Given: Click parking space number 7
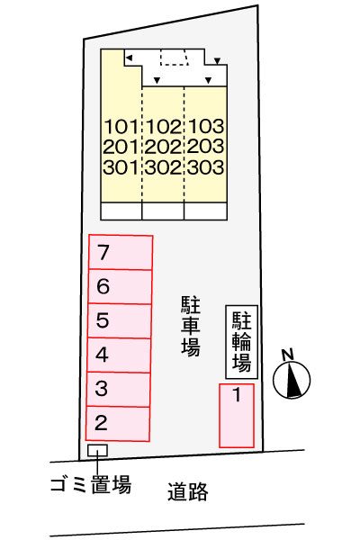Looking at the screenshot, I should point(120,253).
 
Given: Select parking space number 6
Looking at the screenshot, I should point(120,287).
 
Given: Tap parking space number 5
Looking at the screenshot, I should point(120,320).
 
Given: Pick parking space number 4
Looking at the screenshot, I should point(120,355).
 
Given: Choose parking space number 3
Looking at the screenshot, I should point(120,389).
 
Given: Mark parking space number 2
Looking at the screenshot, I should point(119,422).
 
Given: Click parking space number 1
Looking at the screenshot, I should point(237,414).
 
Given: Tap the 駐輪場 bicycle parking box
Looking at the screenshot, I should point(241,341).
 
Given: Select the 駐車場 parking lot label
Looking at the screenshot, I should point(189,324).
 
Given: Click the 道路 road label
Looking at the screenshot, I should point(188,491).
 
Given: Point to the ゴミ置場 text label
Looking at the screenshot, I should point(90,485).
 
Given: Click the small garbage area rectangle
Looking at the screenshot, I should point(97,450).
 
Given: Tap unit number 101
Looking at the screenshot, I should point(121,127).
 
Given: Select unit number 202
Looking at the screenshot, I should point(163,147).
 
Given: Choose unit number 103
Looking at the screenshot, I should point(205,127).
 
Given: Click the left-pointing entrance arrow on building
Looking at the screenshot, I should point(130,58).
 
